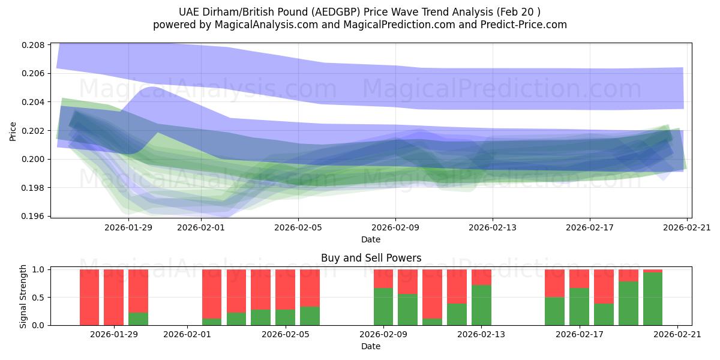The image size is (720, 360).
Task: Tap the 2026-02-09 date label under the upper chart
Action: click(395, 227)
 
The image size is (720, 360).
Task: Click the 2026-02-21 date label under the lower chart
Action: click(677, 335)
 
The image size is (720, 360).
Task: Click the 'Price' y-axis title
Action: click(13, 131)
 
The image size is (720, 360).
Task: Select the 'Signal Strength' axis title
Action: click(23, 296)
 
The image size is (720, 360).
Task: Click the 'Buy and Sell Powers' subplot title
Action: click(371, 258)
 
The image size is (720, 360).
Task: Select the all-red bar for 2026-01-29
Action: click(113, 297)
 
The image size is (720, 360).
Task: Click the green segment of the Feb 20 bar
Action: click(653, 299)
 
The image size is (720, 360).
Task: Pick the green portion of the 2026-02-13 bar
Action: click(481, 305)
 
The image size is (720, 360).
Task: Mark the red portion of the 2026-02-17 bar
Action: click(579, 278)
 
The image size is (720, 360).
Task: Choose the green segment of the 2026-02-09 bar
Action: click(383, 307)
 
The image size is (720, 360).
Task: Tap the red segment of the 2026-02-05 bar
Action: click(285, 289)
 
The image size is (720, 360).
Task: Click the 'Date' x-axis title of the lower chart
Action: click(371, 346)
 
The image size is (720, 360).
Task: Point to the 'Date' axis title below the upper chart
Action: click(371, 239)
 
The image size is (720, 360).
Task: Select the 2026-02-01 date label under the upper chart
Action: click(202, 227)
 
